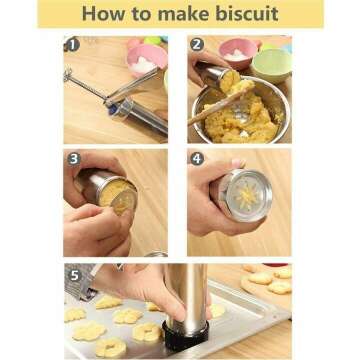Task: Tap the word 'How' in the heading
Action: [x=105, y=15]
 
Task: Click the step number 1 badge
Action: [x=72, y=45]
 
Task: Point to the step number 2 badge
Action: [x=197, y=45]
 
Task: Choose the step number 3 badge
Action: [x=72, y=158]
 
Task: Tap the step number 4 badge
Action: [x=197, y=158]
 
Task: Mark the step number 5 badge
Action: [x=72, y=272]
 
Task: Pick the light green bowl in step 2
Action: [x=272, y=62]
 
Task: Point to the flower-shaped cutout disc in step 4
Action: [x=242, y=195]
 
